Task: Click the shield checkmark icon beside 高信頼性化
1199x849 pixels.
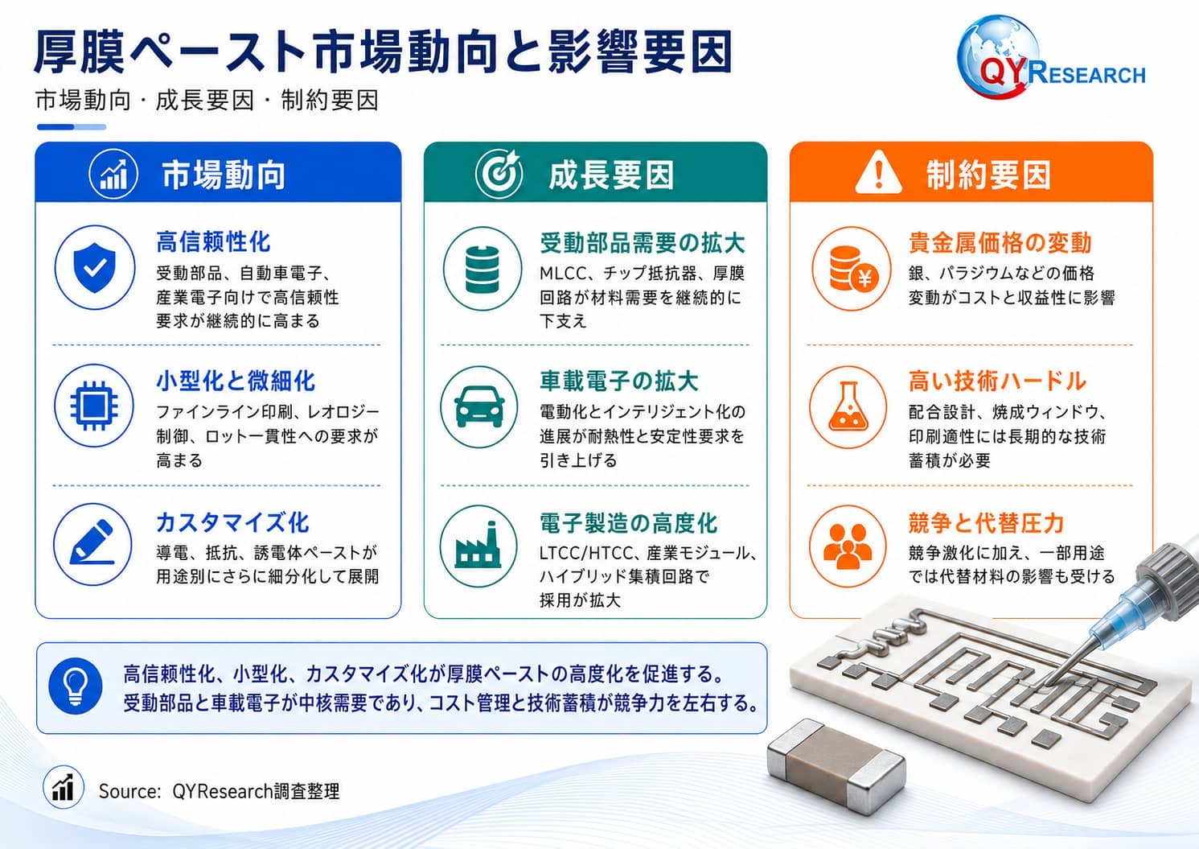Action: (95, 267)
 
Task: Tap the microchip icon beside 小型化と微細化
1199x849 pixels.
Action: (94, 406)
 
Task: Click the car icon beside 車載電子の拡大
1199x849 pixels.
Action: (479, 406)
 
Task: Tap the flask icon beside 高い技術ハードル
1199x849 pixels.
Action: (848, 407)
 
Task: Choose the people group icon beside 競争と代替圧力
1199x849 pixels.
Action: (848, 546)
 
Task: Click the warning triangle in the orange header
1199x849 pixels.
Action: (878, 172)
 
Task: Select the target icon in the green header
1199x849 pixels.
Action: (499, 173)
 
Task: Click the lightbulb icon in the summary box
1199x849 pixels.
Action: (75, 686)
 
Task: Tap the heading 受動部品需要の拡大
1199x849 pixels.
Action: (642, 243)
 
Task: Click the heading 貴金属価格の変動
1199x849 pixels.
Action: (1000, 243)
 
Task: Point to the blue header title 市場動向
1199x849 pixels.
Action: (224, 175)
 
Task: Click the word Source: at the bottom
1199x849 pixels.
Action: (129, 791)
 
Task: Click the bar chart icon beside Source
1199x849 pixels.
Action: (64, 787)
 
